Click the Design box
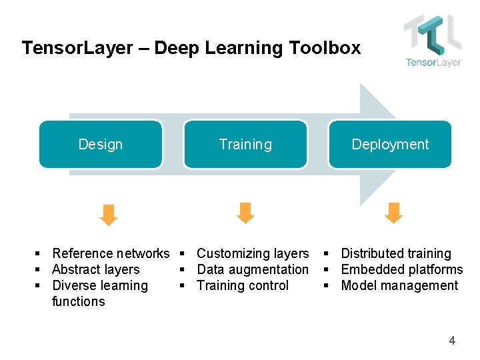point(101,144)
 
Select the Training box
point(245,144)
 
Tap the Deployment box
point(390,144)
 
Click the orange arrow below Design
point(109,214)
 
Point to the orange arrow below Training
point(246,213)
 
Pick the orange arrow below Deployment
point(394,213)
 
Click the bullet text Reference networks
point(111,253)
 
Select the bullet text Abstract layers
point(95,269)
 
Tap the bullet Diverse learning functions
point(99,293)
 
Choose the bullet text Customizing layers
point(253,253)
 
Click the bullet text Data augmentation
point(253,269)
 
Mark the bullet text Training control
point(243,285)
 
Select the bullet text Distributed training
point(396,253)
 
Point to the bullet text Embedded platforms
point(401,269)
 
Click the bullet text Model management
point(399,285)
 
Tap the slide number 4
point(452,341)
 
